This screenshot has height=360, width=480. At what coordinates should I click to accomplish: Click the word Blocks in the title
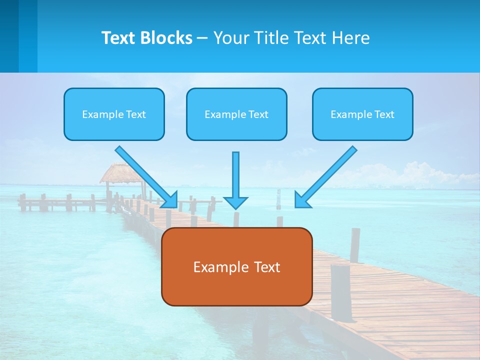point(166,38)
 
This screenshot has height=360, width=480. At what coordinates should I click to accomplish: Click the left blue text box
point(114,114)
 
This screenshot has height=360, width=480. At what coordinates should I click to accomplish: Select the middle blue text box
point(236,114)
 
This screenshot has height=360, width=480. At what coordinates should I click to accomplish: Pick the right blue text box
point(362,114)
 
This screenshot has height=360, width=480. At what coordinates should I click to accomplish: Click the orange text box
point(236,266)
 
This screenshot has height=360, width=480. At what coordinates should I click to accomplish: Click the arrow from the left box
point(145,175)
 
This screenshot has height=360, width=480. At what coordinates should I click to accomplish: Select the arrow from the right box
point(327,175)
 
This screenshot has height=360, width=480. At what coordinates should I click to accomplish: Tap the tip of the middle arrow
point(235,206)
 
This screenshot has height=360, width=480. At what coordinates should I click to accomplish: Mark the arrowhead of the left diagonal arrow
point(171,200)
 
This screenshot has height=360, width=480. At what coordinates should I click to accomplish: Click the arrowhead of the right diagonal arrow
point(301,200)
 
